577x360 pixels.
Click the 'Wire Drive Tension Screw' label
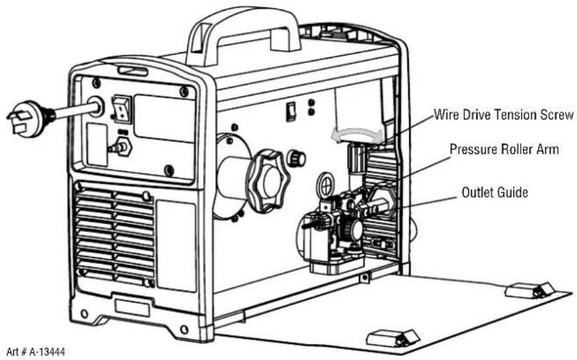click(x=503, y=115)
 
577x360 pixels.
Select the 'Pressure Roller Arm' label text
click(x=504, y=149)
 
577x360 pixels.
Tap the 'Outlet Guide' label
click(x=495, y=192)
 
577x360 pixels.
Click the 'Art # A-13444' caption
click(x=35, y=352)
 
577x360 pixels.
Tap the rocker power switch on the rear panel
click(x=122, y=109)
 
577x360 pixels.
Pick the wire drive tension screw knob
click(x=356, y=158)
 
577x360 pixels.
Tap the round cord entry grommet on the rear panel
click(x=95, y=107)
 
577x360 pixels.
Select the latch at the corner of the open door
click(x=529, y=290)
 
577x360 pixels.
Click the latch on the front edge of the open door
click(x=392, y=338)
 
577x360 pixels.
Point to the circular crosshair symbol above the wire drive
click(x=325, y=186)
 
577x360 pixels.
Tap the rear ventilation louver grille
click(x=115, y=236)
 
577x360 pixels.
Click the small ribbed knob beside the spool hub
click(x=296, y=158)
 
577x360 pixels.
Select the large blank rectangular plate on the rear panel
click(x=164, y=119)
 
